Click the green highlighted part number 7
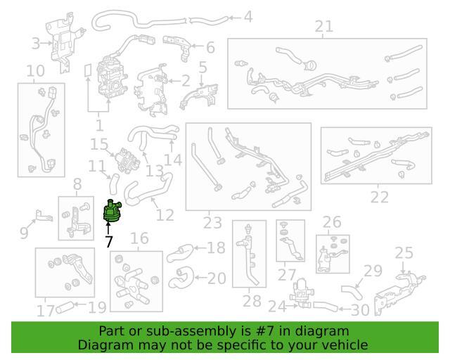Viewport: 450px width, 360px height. click(x=112, y=212)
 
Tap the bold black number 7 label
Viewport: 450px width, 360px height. click(x=109, y=242)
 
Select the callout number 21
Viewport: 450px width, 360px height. click(x=323, y=27)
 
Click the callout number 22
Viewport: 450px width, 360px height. click(x=380, y=197)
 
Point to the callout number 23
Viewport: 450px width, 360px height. click(x=212, y=223)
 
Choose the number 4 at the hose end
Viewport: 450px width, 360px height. click(x=248, y=17)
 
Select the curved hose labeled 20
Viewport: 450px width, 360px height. click(x=181, y=278)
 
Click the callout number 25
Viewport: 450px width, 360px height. click(x=404, y=253)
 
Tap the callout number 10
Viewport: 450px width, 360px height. click(x=36, y=71)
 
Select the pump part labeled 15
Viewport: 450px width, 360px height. click(x=127, y=160)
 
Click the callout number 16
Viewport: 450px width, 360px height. click(x=139, y=238)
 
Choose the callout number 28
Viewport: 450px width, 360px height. click(x=252, y=301)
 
